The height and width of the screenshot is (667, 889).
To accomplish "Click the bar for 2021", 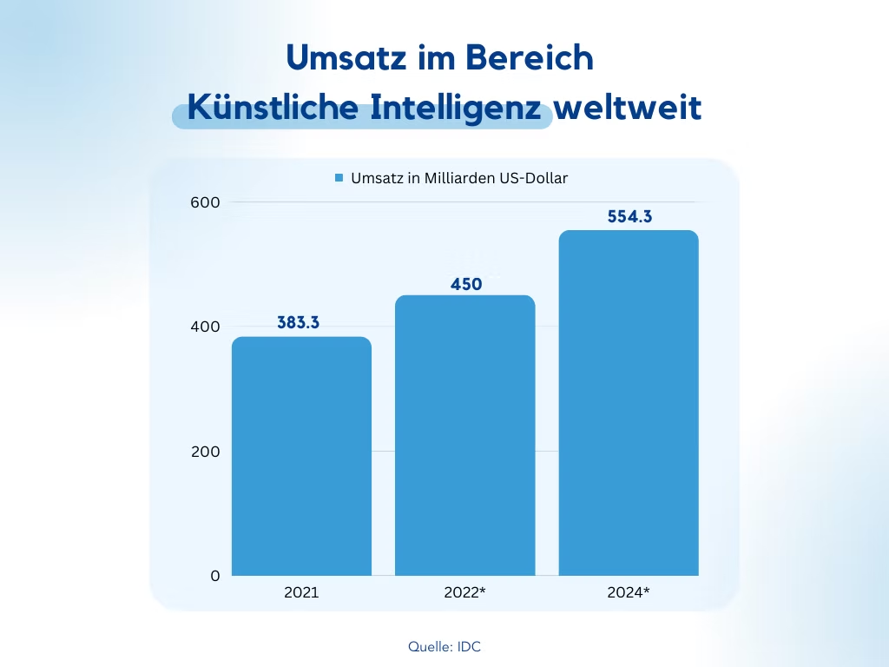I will pyautogui.click(x=301, y=456).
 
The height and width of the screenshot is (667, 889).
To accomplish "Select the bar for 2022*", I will pyautogui.click(x=464, y=435).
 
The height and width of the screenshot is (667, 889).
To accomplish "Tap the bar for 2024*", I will pyautogui.click(x=628, y=403).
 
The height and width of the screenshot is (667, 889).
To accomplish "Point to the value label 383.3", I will pyautogui.click(x=299, y=322).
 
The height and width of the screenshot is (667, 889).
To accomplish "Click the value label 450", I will pyautogui.click(x=466, y=284).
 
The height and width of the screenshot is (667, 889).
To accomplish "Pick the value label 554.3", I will pyautogui.click(x=629, y=217).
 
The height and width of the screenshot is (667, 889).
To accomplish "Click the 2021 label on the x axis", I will pyautogui.click(x=301, y=593).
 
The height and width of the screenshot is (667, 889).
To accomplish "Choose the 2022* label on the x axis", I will pyautogui.click(x=464, y=593).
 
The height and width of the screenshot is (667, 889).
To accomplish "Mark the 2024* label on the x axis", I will pyautogui.click(x=628, y=593).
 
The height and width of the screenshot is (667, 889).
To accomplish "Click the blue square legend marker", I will pyautogui.click(x=339, y=178).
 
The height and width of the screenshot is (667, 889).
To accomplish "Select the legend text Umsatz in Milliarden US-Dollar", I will pyautogui.click(x=459, y=178).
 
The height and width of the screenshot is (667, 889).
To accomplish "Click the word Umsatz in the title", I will pyautogui.click(x=343, y=57).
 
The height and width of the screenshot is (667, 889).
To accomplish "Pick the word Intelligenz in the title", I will pyautogui.click(x=458, y=110).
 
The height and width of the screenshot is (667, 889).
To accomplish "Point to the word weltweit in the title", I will pyautogui.click(x=628, y=110).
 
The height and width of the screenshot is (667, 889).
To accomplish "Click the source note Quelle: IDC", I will pyautogui.click(x=444, y=647).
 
